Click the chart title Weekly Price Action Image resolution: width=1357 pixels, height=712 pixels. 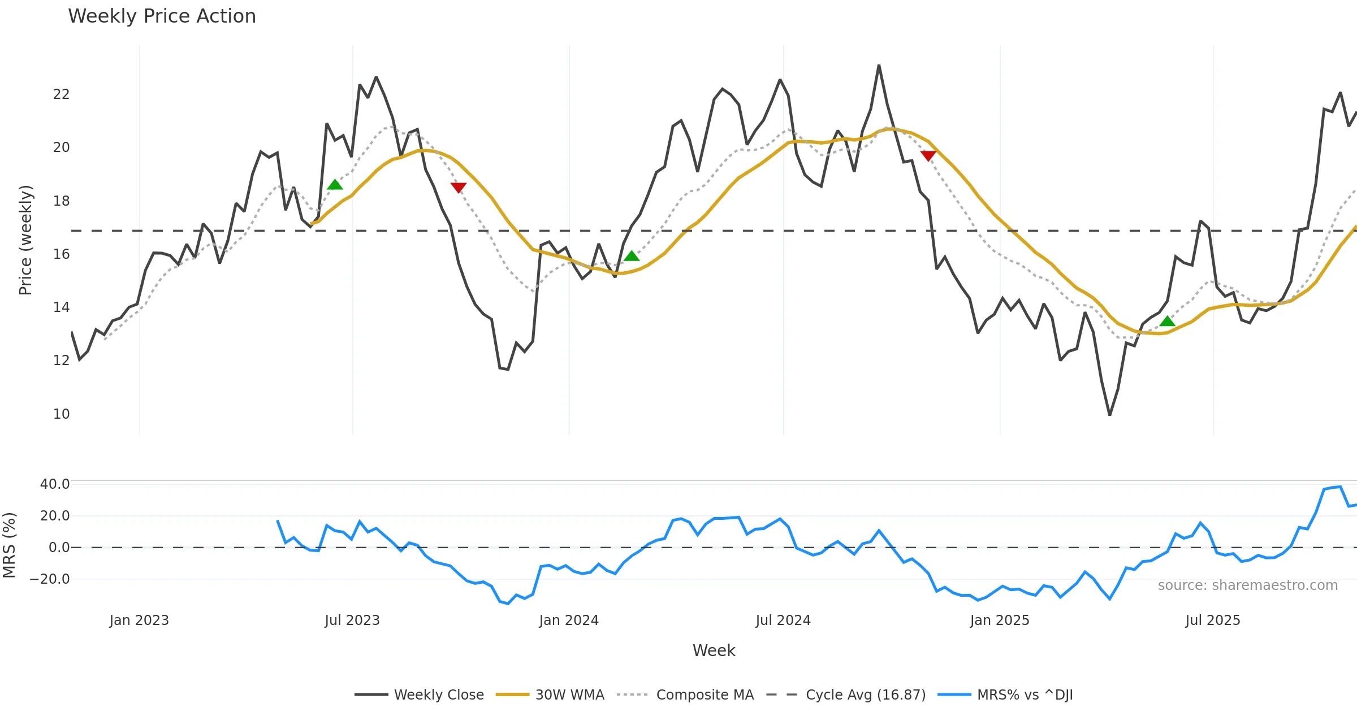coord(162,16)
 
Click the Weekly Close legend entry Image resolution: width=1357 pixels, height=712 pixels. coord(438,694)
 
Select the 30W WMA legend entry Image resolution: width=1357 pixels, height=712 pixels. coord(569,694)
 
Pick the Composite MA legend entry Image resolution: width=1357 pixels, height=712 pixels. coord(705,694)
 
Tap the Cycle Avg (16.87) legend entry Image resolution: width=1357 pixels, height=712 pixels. coord(865,694)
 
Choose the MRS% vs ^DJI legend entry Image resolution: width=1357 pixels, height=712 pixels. coord(1025,694)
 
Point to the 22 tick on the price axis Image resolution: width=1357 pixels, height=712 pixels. coord(61,94)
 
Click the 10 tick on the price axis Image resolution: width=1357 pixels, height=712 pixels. coord(61,414)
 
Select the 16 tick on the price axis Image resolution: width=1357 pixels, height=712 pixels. coord(61,254)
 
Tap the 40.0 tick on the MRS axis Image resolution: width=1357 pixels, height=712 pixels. coord(55,484)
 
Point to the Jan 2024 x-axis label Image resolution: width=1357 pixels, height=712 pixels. coord(569,620)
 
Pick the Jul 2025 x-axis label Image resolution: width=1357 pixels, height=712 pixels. coord(1213,620)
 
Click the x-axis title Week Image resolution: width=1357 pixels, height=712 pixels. coord(714,651)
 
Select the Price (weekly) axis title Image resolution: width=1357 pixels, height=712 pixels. coord(25,240)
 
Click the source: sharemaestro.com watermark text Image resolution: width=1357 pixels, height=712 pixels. coord(1247,585)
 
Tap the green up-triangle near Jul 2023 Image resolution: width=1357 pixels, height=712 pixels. coord(335,185)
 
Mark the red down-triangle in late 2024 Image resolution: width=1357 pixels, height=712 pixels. coord(928,155)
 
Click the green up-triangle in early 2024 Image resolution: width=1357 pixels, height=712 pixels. coord(632,256)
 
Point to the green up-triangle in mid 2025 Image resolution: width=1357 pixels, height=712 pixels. coord(1168,322)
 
